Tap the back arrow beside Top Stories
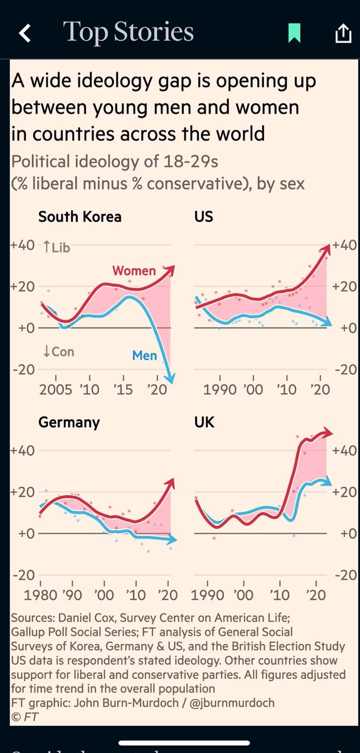coord(24,33)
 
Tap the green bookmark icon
coord(294,33)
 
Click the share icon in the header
coord(342,33)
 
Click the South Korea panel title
coord(80,217)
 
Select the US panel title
coord(204,217)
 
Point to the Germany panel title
coord(69,422)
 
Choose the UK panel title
coord(204,422)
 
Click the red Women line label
coord(134,271)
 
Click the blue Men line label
coord(144,356)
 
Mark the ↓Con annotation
coord(58,351)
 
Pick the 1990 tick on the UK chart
coord(211,595)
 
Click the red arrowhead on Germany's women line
coord(172,482)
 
